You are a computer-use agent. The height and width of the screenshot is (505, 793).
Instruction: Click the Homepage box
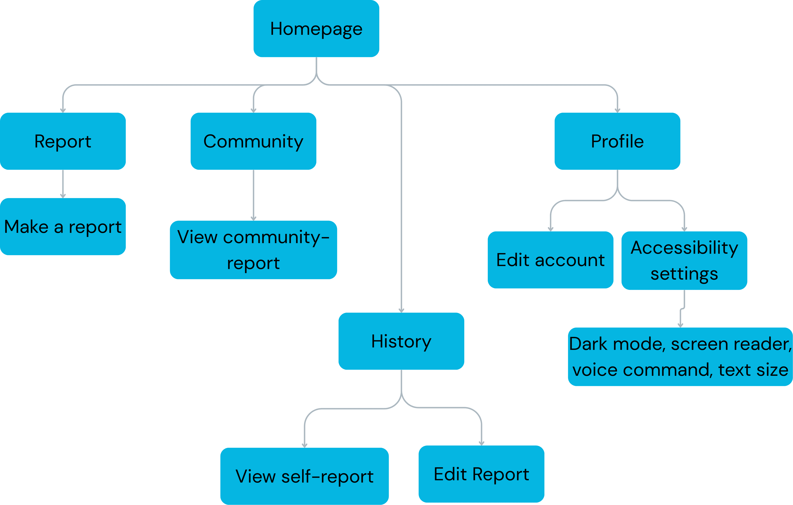316,29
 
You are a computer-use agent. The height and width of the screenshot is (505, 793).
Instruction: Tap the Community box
253,141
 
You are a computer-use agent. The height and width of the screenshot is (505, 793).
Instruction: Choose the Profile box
617,141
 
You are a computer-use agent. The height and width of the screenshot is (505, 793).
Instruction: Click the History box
401,341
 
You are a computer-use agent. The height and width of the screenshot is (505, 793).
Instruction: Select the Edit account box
550,260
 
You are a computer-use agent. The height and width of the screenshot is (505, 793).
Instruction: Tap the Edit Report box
481,474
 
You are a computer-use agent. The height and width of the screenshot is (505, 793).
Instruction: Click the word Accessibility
684,248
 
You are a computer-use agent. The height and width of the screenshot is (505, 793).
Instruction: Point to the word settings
684,274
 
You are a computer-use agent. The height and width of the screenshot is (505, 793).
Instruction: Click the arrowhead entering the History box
401,310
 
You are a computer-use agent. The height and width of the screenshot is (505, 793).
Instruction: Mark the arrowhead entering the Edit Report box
481,443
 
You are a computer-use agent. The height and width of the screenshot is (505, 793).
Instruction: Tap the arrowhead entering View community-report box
253,218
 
